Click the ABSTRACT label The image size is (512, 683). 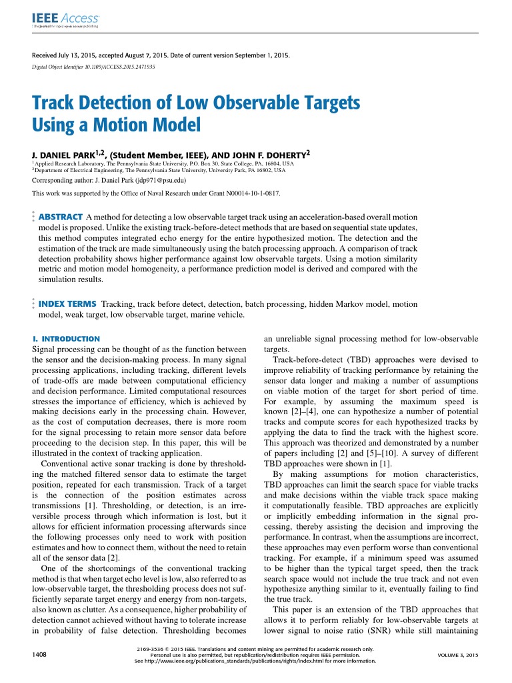(x=61, y=217)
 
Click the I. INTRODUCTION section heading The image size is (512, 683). (x=66, y=339)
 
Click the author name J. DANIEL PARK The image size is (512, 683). (x=63, y=155)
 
